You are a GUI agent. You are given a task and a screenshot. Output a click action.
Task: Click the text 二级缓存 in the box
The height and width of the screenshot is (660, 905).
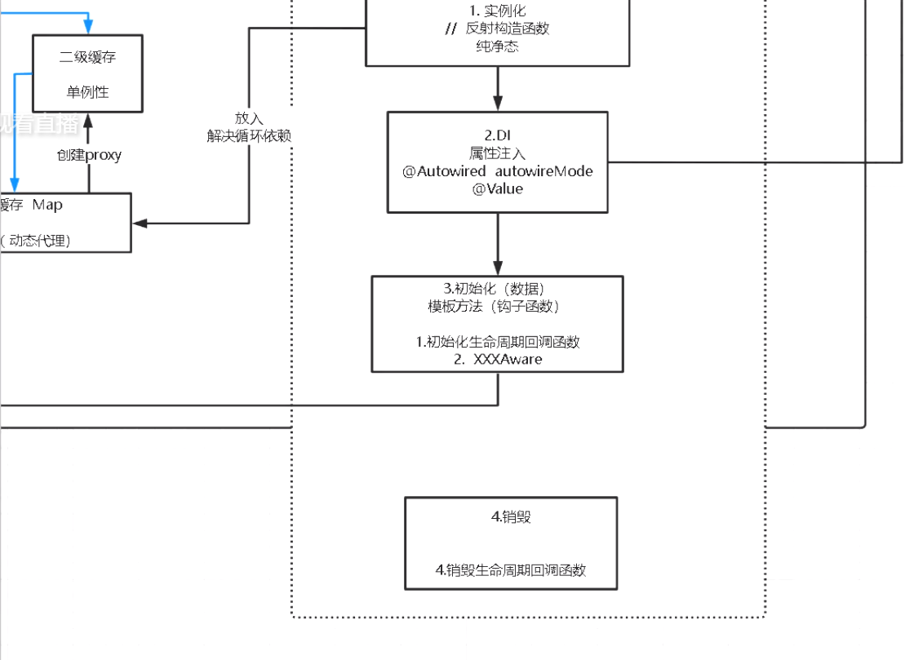pos(87,57)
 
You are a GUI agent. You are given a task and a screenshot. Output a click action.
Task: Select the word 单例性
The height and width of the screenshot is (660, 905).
pos(87,92)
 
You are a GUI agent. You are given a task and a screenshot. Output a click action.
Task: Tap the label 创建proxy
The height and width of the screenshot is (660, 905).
pos(89,155)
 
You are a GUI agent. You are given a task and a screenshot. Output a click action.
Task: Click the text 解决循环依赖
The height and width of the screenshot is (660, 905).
pos(249,135)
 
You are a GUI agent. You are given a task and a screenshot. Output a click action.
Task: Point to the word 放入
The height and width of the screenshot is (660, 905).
pos(249,119)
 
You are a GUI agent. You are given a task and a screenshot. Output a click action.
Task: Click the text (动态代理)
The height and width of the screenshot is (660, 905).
pos(38,240)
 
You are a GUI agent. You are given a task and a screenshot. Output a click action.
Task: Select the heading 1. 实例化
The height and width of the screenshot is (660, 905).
pos(497,11)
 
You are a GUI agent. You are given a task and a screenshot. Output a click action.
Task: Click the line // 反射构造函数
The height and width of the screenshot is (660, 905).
pos(497,29)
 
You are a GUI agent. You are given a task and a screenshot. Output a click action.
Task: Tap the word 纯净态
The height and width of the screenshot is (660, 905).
pos(497,47)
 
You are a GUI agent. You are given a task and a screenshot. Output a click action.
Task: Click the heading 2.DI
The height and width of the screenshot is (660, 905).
pos(497,135)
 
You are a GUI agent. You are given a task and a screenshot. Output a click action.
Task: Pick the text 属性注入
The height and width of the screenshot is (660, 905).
pos(497,153)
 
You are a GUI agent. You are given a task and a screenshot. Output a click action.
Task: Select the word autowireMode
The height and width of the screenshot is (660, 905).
pos(544,171)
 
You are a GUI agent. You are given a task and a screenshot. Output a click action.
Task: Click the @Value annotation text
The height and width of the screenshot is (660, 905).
pos(497,188)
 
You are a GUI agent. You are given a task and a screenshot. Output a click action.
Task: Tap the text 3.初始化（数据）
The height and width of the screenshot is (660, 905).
pos(497,289)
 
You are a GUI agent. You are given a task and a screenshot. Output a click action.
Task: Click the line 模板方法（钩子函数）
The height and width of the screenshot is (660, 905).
pos(497,307)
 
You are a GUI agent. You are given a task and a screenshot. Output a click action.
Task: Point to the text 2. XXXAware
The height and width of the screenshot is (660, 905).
pos(498,359)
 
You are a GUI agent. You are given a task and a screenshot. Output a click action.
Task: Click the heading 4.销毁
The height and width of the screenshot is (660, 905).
pos(511,516)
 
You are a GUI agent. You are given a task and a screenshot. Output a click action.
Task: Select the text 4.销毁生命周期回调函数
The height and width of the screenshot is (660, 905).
pos(511,569)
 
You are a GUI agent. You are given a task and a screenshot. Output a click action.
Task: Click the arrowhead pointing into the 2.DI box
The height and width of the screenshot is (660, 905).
pos(498,104)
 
